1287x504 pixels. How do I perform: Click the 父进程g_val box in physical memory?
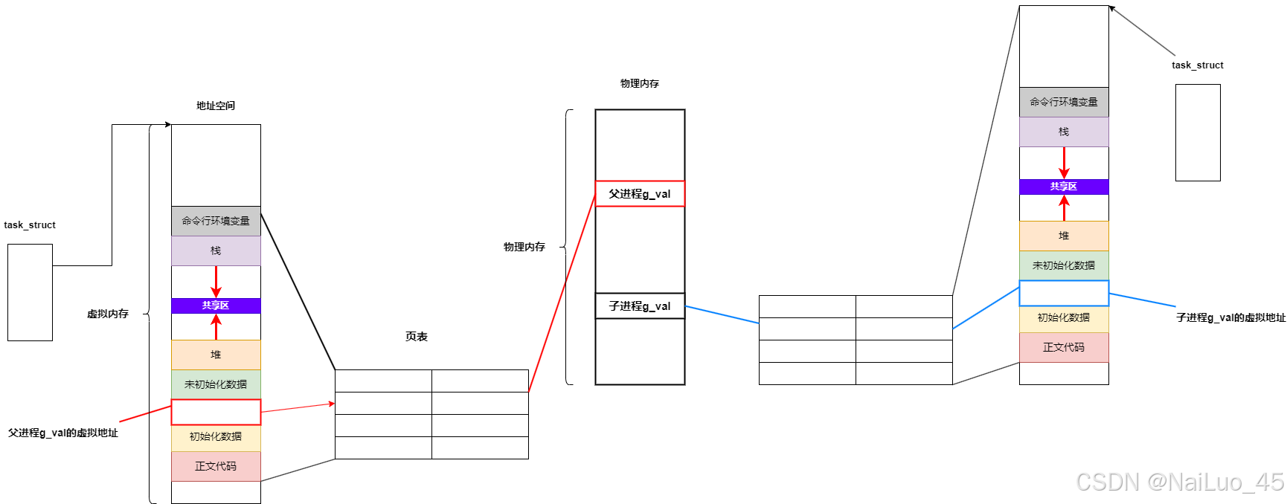640,194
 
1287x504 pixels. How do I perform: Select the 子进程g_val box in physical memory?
640,306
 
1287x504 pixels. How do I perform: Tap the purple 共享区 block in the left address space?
216,306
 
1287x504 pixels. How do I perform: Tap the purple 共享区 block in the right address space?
1064,187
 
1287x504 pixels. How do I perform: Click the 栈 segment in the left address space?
216,251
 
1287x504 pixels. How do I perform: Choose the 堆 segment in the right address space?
1064,236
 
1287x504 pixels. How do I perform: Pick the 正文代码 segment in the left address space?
216,466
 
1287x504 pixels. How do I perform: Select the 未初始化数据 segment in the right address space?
1064,265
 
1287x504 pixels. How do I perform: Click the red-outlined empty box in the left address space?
216,412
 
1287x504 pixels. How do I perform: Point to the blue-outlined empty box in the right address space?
1064,293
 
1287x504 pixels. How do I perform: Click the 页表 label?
417,337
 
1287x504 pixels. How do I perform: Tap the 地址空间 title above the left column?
216,106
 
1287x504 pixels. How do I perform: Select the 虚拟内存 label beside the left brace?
108,314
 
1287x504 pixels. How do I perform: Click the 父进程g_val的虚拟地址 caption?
63,433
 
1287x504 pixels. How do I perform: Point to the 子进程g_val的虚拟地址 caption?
1230,317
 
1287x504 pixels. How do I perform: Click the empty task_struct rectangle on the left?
30,292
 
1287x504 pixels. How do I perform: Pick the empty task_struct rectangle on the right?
1198,132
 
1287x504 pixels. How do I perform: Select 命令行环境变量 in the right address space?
1064,102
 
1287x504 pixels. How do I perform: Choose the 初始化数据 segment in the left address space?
216,436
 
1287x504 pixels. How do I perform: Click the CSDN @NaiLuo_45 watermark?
1180,482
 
